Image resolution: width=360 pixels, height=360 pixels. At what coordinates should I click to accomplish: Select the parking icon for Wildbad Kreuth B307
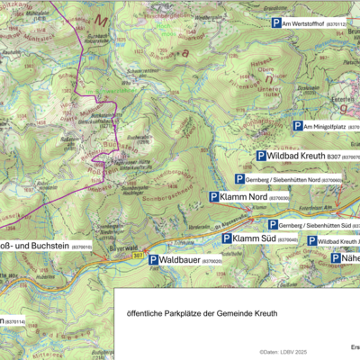tap(261, 157)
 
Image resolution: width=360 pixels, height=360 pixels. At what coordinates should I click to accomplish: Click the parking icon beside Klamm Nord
tap(214, 197)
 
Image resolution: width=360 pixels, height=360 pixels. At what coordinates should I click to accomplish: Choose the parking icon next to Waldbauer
tap(153, 260)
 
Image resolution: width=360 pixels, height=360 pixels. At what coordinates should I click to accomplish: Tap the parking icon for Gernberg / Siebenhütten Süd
tap(273, 224)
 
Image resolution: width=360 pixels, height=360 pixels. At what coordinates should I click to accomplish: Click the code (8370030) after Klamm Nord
tap(279, 198)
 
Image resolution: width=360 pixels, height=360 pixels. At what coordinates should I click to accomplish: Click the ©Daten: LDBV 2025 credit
tap(283, 352)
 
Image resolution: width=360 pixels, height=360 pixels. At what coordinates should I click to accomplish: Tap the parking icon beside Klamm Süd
tap(227, 239)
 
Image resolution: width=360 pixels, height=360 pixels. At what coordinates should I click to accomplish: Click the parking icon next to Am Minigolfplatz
tap(298, 127)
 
